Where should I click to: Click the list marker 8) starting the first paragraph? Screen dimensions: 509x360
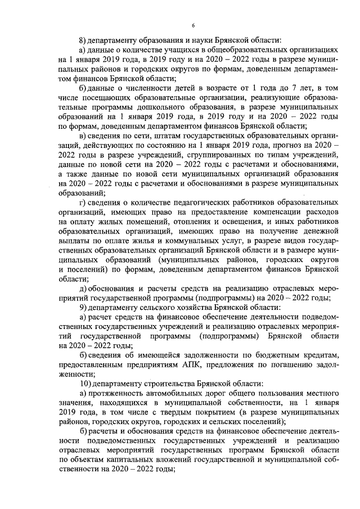click(83, 39)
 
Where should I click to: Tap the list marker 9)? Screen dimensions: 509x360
click(83, 308)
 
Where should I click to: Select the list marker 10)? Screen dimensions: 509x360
click(85, 382)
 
